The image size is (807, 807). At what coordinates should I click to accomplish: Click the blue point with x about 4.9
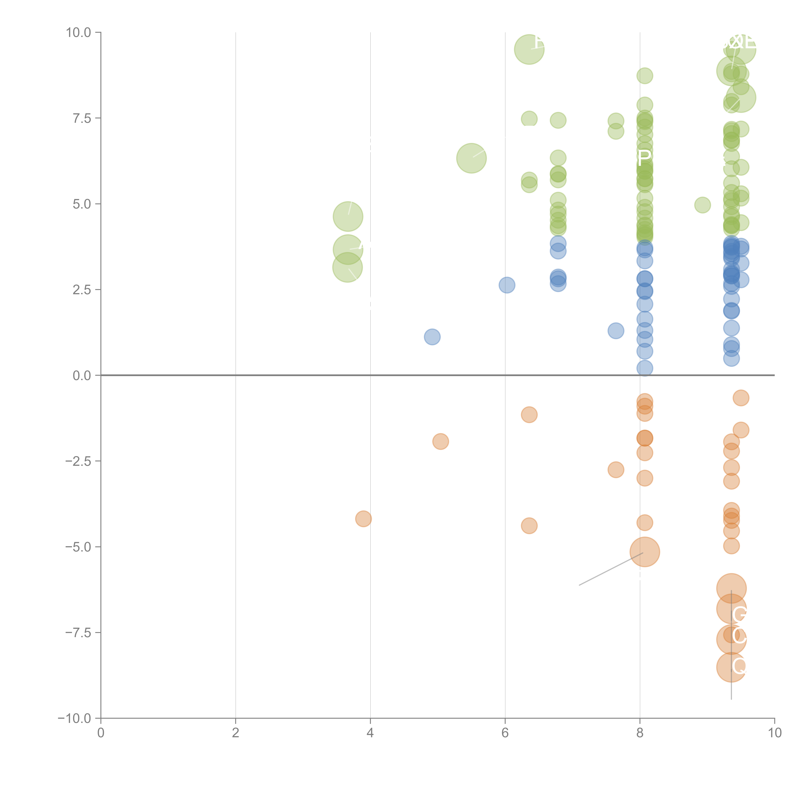[432, 337]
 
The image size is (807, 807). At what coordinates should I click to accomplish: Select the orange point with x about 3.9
[363, 519]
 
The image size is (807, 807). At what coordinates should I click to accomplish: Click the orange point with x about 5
[440, 441]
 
